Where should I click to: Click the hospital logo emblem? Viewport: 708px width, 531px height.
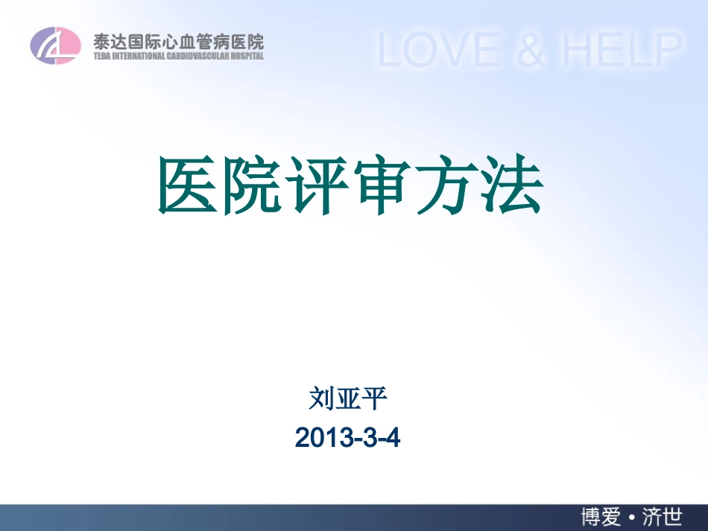(54, 45)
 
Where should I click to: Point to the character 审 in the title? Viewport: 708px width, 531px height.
(383, 187)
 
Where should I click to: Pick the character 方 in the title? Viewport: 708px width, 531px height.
(448, 187)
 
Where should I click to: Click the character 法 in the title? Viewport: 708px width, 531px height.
(513, 187)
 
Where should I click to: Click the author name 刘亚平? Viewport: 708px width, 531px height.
(348, 399)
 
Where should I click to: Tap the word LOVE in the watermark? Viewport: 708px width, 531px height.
(440, 50)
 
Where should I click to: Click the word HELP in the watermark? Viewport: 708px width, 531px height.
(622, 50)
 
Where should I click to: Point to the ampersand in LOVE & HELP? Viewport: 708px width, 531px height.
(530, 50)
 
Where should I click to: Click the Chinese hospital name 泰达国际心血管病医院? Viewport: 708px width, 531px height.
(178, 40)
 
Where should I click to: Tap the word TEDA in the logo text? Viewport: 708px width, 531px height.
(101, 55)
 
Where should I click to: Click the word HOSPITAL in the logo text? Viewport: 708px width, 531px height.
(246, 55)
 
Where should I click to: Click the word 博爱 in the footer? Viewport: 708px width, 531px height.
(604, 516)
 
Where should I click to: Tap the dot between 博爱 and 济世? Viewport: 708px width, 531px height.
(633, 516)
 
